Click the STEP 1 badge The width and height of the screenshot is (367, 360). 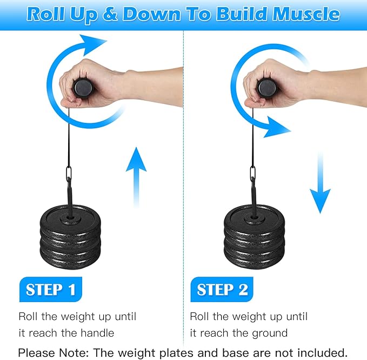pyautogui.click(x=51, y=290)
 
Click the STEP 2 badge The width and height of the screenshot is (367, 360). pyautogui.click(x=222, y=290)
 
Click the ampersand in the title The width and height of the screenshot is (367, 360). pyautogui.click(x=110, y=15)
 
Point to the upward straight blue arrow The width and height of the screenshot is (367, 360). pyautogui.click(x=136, y=178)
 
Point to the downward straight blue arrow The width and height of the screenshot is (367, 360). pyautogui.click(x=320, y=183)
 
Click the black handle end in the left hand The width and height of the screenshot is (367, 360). pyautogui.click(x=84, y=87)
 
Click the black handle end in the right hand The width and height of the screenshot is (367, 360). pyautogui.click(x=267, y=88)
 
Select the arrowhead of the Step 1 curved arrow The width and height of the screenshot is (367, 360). pyautogui.click(x=92, y=44)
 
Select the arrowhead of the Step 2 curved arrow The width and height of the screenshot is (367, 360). pyautogui.click(x=276, y=128)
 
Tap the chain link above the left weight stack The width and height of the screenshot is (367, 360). pyautogui.click(x=69, y=173)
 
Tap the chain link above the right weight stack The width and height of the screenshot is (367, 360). pyautogui.click(x=252, y=173)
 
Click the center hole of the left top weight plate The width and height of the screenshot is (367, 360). pyautogui.click(x=70, y=218)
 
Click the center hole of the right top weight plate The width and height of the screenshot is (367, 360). pyautogui.click(x=254, y=218)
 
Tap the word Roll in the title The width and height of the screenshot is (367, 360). pyautogui.click(x=46, y=14)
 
